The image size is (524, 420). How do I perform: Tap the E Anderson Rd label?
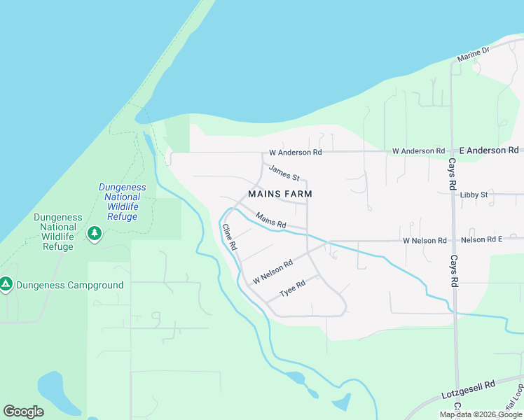489,150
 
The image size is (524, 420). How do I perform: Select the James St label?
284,172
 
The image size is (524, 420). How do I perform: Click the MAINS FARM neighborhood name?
280,194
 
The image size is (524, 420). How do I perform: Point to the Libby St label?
474,195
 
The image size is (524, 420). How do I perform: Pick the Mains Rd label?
271,220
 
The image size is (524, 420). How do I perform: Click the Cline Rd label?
229,238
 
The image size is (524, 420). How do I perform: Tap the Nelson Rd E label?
481,240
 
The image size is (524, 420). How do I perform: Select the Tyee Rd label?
293,287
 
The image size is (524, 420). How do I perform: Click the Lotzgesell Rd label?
469,390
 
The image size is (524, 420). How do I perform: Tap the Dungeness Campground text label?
70,285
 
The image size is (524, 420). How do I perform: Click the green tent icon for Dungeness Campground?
6,284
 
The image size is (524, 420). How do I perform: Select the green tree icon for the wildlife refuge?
94,232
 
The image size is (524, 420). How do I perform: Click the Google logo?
23,412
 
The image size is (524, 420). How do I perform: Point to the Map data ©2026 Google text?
481,414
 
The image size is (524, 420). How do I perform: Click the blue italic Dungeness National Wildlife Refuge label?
123,202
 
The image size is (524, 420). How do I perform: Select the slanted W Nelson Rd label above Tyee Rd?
273,272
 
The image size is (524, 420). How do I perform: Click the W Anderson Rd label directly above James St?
296,152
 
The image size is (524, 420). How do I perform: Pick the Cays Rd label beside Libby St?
453,175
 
